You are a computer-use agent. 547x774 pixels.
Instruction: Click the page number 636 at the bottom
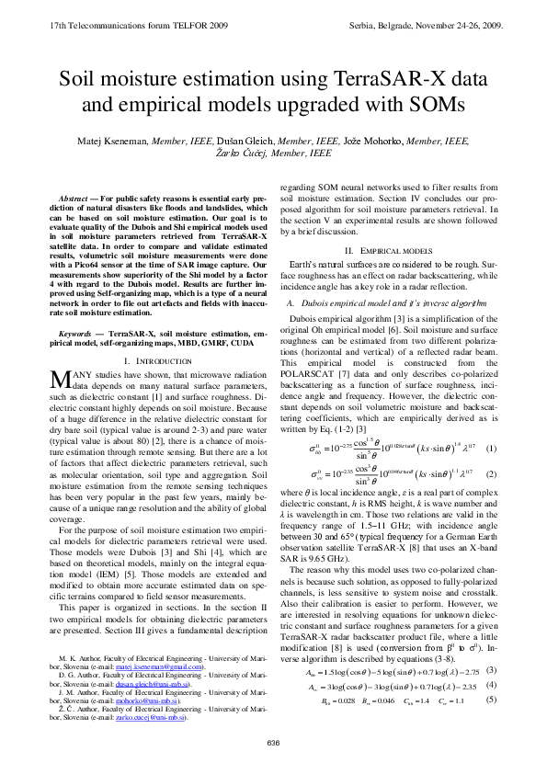273,743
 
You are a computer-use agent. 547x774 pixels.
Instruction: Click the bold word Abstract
73,199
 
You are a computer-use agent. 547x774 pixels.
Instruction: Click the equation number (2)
493,474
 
